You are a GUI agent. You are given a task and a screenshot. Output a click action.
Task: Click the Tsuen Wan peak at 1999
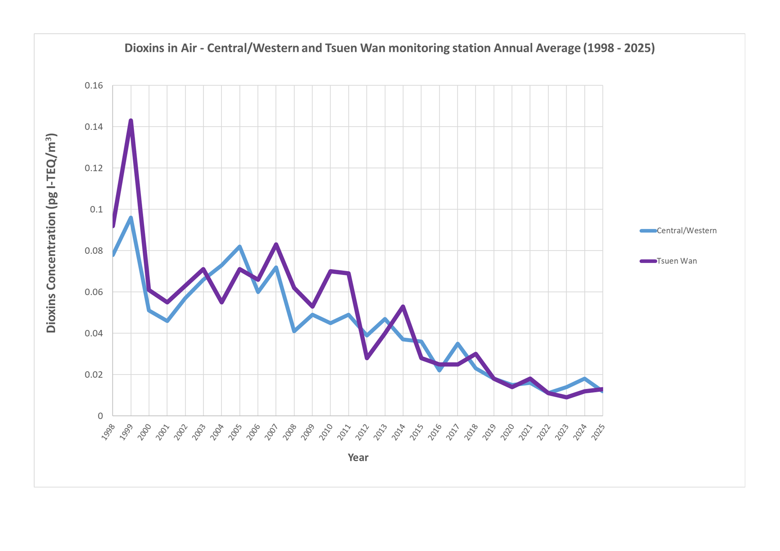point(131,120)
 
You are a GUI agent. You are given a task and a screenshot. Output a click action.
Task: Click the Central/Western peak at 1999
point(131,218)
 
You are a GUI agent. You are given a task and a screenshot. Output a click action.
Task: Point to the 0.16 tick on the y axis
point(94,85)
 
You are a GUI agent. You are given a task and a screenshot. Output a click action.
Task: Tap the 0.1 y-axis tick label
point(96,209)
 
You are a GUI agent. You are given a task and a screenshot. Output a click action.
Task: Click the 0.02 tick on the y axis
point(94,375)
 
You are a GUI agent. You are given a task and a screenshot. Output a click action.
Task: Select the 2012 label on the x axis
point(361,432)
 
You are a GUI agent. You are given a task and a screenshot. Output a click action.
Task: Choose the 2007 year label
point(270,432)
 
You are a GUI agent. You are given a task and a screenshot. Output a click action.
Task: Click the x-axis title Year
point(358,457)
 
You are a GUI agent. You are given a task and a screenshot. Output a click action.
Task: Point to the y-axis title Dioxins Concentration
point(52,233)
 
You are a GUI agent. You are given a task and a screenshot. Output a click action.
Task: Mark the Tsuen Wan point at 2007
point(276,244)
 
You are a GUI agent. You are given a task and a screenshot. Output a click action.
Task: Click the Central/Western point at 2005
point(240,247)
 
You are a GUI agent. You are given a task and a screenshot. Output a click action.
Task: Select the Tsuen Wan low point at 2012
point(367,358)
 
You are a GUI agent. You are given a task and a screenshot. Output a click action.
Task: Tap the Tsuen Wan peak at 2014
point(403,306)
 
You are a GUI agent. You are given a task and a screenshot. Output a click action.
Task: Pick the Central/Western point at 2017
point(458,343)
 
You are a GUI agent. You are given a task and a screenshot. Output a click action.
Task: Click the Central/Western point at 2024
point(585,379)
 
